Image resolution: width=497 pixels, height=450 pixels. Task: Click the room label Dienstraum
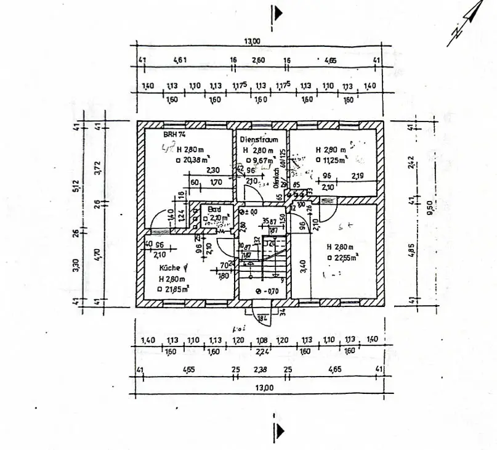point(259,140)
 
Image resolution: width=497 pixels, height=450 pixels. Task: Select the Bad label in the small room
point(214,209)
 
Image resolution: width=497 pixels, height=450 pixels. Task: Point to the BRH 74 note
point(174,134)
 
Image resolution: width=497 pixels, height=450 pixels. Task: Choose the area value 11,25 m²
point(333,160)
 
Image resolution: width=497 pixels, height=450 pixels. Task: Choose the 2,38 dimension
point(261,370)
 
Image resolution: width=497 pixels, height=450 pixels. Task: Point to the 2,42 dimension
point(411,162)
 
